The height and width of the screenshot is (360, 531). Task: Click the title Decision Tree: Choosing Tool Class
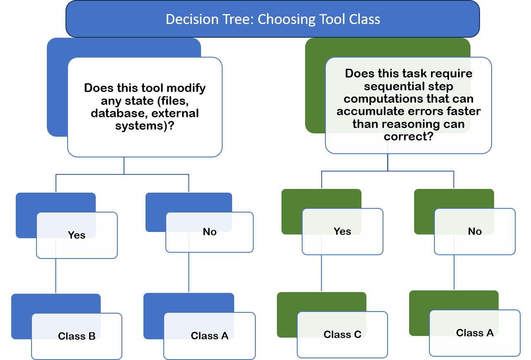pos(273,19)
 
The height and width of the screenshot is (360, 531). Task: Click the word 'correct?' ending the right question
pos(409,136)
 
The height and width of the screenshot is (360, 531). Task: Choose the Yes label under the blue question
pos(77,235)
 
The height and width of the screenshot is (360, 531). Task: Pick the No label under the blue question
pos(210,232)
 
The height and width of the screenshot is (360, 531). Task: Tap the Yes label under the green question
pos(342,232)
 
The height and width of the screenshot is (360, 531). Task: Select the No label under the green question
pos(475,232)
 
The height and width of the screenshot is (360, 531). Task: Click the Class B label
pos(77,336)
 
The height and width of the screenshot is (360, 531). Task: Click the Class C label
pos(342,334)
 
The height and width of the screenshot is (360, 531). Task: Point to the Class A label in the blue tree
pos(210,336)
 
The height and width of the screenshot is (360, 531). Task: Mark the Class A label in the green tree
pos(475,333)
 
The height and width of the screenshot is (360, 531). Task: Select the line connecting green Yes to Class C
pos(322,273)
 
